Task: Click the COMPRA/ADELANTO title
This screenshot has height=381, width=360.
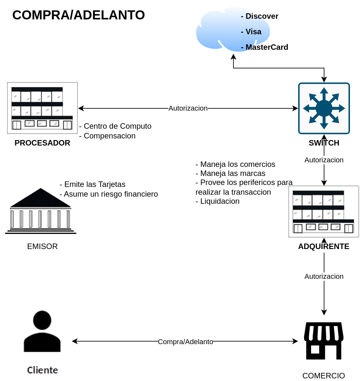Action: [x=79, y=15]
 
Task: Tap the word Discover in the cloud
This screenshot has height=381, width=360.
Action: [x=262, y=16]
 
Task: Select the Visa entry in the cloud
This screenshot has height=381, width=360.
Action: [x=253, y=32]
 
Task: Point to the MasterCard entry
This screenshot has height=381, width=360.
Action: [x=266, y=47]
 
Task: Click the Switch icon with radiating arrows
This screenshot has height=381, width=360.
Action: [x=324, y=108]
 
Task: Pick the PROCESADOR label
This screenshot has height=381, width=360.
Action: [x=42, y=143]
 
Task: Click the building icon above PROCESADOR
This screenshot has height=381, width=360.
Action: [x=42, y=108]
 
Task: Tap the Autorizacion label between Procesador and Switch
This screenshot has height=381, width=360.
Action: [x=188, y=108]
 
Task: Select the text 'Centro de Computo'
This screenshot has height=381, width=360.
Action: [x=118, y=126]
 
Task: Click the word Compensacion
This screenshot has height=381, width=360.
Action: [x=109, y=136]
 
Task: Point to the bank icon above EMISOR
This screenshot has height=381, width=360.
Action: [x=40, y=211]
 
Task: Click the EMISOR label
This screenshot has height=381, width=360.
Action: [x=42, y=246]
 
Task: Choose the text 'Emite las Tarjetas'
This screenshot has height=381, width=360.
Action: [x=95, y=184]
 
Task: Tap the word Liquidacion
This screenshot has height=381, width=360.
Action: [x=219, y=201]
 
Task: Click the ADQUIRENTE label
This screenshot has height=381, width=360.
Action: [x=323, y=246]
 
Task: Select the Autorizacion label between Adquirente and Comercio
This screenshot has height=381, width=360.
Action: [x=324, y=277]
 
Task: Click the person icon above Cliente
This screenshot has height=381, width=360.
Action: [x=42, y=331]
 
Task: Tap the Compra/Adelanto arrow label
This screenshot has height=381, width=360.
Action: [x=186, y=342]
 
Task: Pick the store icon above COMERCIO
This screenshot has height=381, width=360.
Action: [x=323, y=341]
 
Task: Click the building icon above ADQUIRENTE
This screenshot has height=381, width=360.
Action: [x=323, y=212]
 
